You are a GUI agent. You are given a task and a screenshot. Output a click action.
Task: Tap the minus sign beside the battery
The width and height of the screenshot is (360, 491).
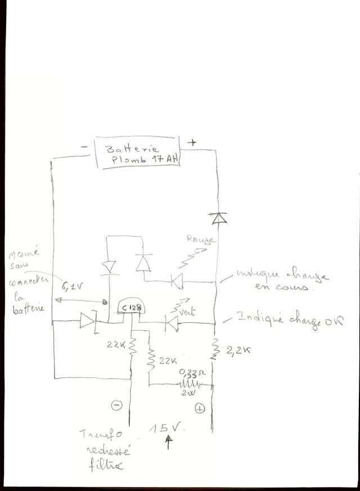click(x=84, y=147)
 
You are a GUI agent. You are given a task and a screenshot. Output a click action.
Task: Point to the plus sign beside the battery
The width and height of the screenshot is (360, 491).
click(x=192, y=142)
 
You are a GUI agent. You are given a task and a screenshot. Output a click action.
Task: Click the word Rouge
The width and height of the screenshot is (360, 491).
click(x=200, y=240)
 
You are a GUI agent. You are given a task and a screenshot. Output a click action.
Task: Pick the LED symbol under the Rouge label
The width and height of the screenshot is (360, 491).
click(x=178, y=280)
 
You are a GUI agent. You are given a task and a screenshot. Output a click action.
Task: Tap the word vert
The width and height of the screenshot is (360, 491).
click(x=188, y=311)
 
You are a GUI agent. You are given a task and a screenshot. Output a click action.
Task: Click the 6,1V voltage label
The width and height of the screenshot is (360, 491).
click(x=73, y=287)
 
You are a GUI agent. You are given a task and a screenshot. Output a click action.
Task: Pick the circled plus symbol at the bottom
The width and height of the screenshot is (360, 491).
click(x=200, y=408)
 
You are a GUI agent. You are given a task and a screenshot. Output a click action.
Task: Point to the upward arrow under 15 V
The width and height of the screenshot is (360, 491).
click(x=168, y=443)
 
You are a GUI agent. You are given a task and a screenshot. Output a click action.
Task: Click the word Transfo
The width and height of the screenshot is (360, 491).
click(x=100, y=435)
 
